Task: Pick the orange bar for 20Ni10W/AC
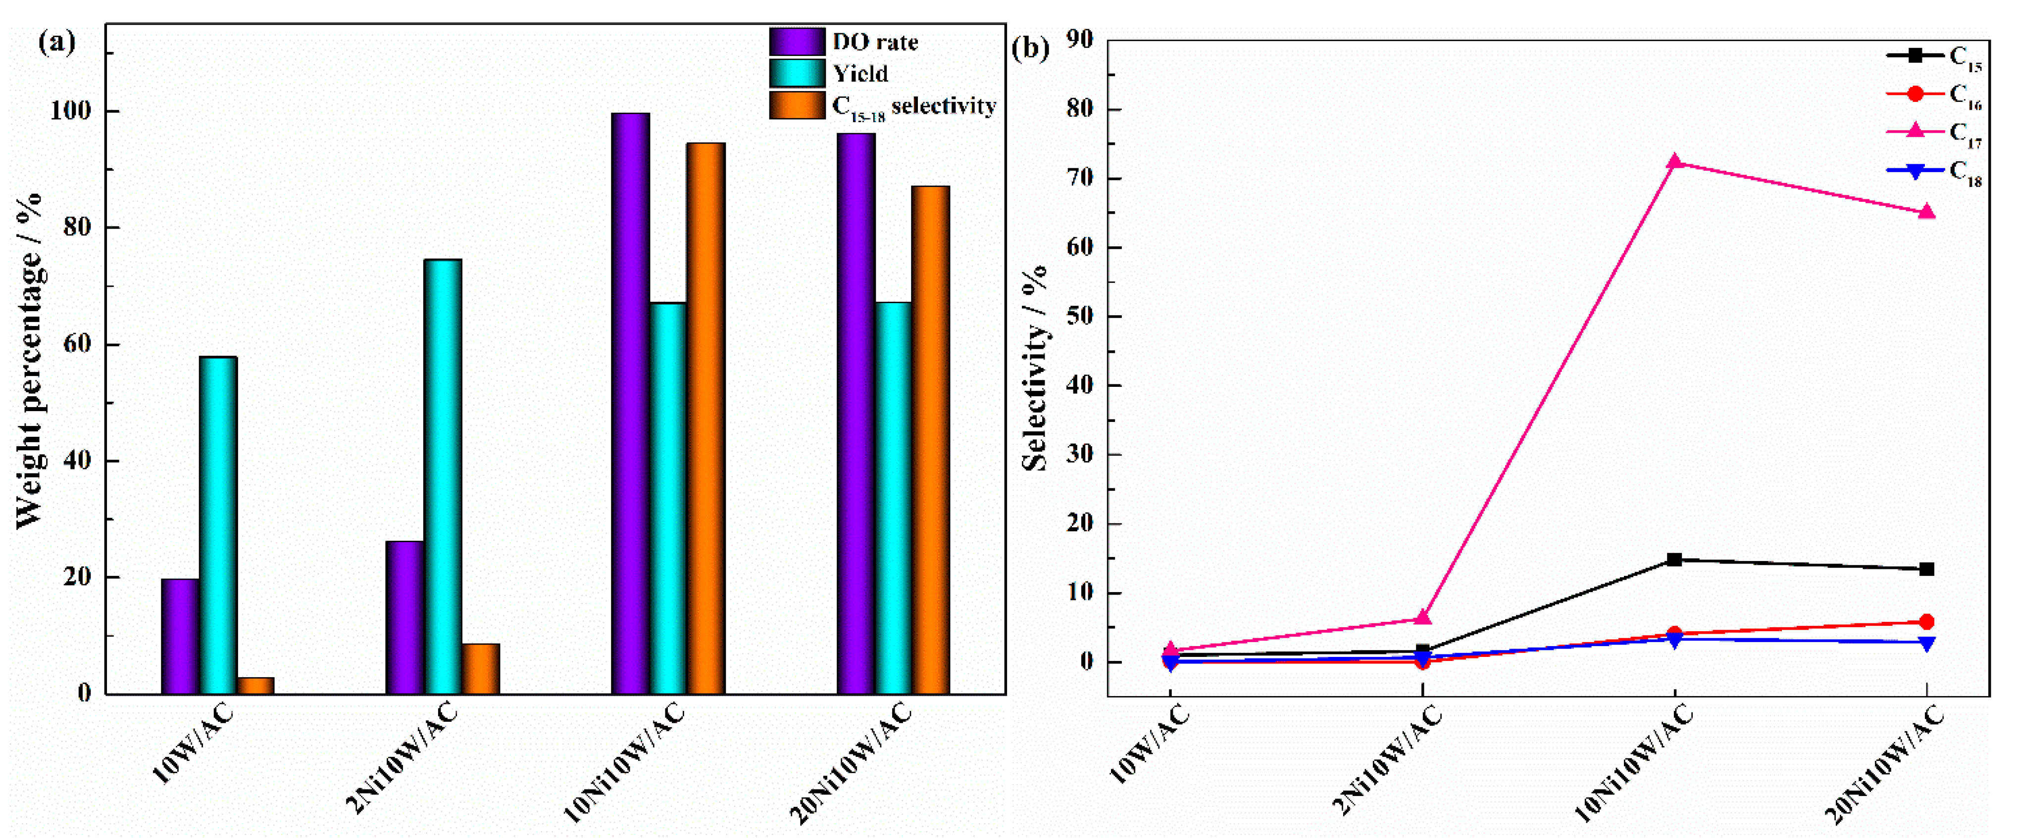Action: (x=930, y=439)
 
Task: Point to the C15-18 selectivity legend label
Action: (x=913, y=106)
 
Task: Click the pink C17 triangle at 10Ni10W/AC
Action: (x=1674, y=162)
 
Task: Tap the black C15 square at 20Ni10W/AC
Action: (x=1926, y=569)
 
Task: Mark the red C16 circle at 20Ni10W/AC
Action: (x=1926, y=622)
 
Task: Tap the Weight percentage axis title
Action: (x=29, y=360)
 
